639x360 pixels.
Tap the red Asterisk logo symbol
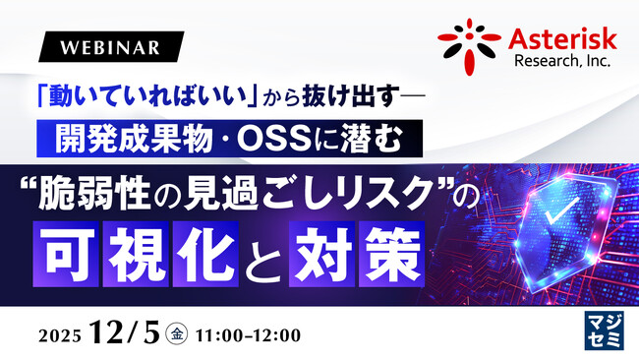(x=469, y=44)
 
